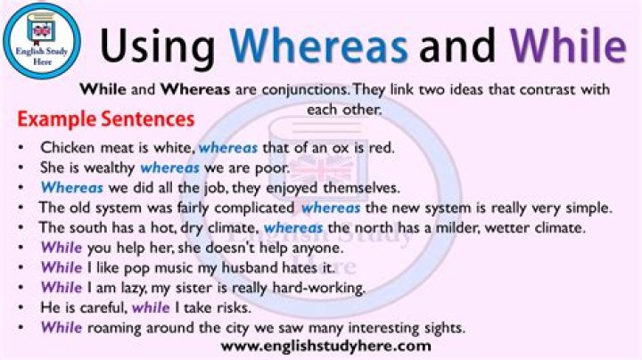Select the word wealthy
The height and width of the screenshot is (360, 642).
[110, 168]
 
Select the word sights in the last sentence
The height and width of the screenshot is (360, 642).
[443, 327]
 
